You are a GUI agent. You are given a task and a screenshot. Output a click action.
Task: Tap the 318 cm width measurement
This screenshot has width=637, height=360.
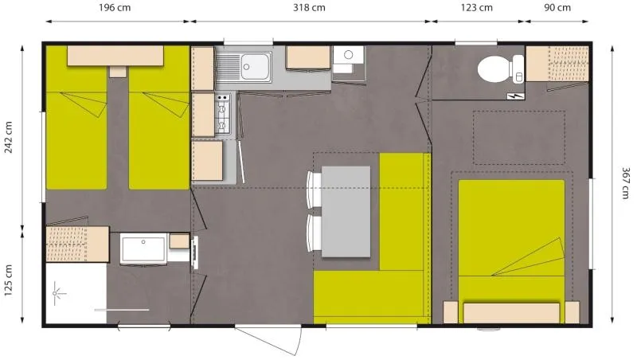coord(309,8)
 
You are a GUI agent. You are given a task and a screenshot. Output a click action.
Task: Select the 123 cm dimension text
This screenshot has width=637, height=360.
coord(476,8)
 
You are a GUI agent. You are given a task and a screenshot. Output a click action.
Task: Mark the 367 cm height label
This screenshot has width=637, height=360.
coord(626,185)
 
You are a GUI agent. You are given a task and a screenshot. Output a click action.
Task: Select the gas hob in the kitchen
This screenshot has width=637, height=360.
coord(223,115)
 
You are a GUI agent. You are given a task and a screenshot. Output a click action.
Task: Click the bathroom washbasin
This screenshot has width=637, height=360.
coord(143,247)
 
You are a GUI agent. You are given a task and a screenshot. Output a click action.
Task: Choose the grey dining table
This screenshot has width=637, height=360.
coord(346,211)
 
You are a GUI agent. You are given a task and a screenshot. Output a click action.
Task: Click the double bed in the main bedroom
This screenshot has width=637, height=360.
coord(511,239)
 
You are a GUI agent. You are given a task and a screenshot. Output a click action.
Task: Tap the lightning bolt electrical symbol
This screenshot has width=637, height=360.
coord(518,96)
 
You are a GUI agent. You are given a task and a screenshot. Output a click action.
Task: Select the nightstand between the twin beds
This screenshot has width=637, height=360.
coord(118,71)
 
